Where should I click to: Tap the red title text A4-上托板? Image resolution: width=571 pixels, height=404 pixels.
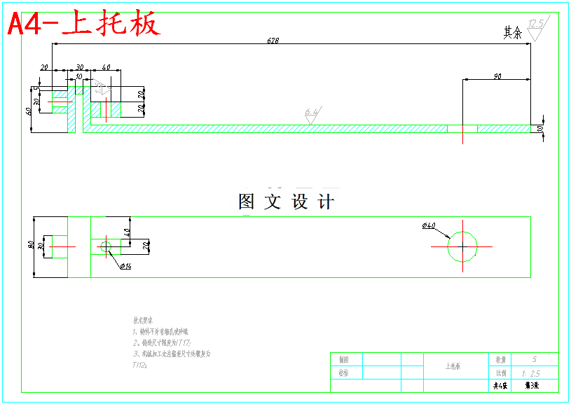click(84, 24)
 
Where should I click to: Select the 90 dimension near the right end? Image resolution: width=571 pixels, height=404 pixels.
click(497, 76)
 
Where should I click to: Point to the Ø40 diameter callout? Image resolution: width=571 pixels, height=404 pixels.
click(429, 225)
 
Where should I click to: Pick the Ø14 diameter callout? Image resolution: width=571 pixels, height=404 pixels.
click(126, 266)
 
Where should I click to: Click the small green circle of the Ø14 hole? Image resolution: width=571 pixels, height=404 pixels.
click(106, 246)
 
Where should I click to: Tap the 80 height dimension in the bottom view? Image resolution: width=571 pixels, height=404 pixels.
click(31, 246)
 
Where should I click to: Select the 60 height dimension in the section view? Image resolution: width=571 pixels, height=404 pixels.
click(29, 110)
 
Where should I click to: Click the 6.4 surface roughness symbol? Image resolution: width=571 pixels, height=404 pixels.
click(312, 113)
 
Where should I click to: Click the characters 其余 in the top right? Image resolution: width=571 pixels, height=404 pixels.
click(513, 32)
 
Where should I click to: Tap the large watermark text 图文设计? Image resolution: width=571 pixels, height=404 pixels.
click(286, 202)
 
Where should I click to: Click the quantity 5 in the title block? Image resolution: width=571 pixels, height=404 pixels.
click(534, 359)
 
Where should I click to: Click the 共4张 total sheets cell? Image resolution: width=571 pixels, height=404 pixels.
click(499, 386)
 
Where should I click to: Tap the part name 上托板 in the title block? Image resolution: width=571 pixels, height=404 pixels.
click(455, 366)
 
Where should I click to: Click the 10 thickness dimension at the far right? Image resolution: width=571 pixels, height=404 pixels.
click(540, 129)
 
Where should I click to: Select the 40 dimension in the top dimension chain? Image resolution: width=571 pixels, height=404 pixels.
click(106, 67)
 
